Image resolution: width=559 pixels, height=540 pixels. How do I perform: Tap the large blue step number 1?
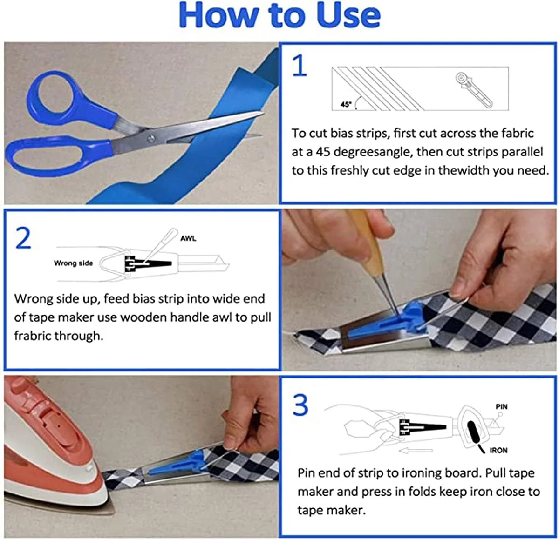tap(300, 66)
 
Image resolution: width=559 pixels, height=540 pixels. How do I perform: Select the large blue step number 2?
tap(23, 238)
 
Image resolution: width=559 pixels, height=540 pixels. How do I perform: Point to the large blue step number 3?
tap(300, 405)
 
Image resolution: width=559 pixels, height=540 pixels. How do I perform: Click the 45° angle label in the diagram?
tap(346, 104)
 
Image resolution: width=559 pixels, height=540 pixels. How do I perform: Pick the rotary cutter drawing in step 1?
tap(474, 90)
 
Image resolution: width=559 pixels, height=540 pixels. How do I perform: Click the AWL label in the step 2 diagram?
tap(188, 238)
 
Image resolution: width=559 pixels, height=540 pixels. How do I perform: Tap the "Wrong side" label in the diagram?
tap(73, 263)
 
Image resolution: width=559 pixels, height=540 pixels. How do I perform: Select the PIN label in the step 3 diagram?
tap(502, 406)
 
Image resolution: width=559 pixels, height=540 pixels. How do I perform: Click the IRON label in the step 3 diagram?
tap(498, 450)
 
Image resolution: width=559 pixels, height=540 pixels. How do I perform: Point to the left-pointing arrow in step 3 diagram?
tap(416, 451)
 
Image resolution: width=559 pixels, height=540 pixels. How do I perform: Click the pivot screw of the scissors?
tap(150, 139)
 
